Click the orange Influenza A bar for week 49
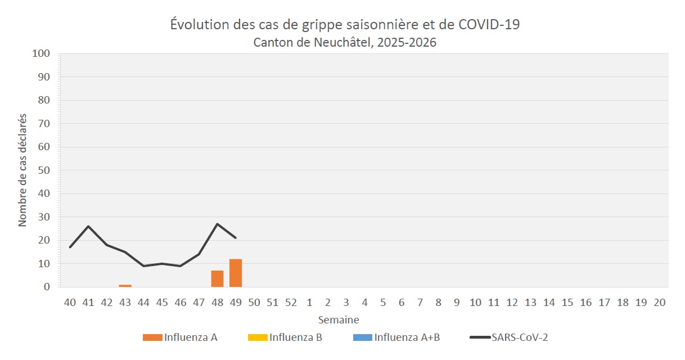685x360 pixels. [x=236, y=273]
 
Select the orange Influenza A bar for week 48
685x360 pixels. [x=217, y=278]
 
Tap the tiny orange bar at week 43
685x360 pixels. [x=125, y=285]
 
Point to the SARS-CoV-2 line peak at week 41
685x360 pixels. [x=88, y=226]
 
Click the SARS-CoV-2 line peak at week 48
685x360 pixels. [x=217, y=224]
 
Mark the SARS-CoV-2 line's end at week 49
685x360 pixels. [x=236, y=238]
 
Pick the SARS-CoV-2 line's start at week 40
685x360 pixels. [x=70, y=247]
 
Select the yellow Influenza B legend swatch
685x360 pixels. [x=257, y=337]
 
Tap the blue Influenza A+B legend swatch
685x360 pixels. [x=362, y=337]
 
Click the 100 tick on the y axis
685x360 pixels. [x=43, y=54]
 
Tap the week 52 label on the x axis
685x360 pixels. [x=291, y=303]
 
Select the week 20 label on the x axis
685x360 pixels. [x=660, y=303]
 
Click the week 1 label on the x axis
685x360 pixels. [x=309, y=303]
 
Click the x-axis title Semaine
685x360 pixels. [x=339, y=319]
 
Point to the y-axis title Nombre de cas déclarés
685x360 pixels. [x=22, y=170]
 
